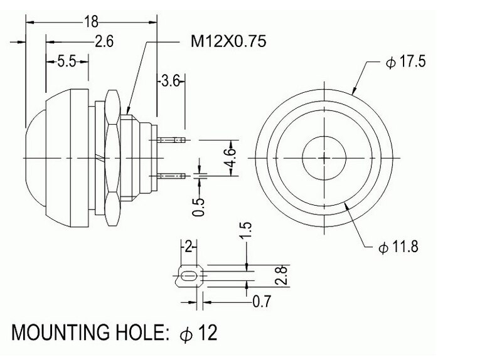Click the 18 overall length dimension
(x=92, y=22)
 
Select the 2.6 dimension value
(x=104, y=41)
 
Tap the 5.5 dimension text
(x=67, y=61)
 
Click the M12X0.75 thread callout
(x=228, y=41)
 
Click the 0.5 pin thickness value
(x=199, y=207)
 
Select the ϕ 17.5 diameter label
(x=405, y=61)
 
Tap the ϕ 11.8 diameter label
(x=399, y=246)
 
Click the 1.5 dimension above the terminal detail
(x=245, y=231)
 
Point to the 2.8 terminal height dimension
(x=281, y=275)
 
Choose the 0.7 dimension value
(x=262, y=301)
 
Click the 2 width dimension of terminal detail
(x=188, y=247)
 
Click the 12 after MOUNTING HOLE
(x=208, y=332)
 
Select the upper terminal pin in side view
(x=172, y=140)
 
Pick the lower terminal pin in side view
(x=172, y=176)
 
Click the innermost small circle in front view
(x=324, y=137)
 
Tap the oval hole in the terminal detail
(x=187, y=275)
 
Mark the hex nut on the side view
(x=113, y=157)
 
